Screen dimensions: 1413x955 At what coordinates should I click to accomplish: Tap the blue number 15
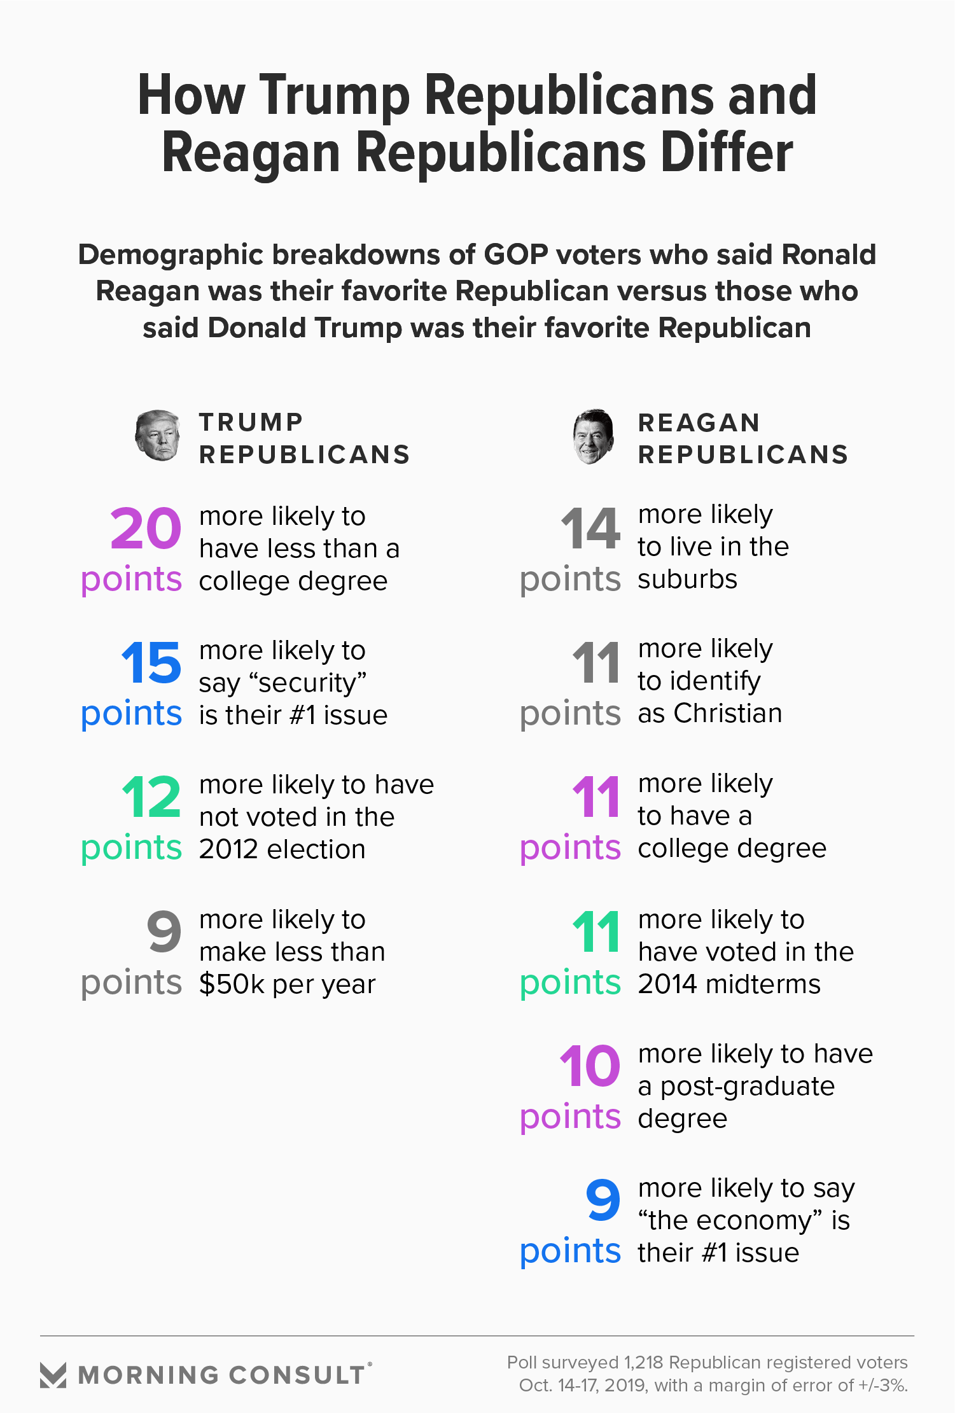click(x=151, y=663)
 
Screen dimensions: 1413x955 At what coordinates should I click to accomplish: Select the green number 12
click(x=151, y=797)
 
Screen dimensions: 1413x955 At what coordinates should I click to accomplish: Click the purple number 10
click(x=590, y=1066)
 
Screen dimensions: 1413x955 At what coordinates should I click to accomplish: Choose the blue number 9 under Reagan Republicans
click(x=603, y=1200)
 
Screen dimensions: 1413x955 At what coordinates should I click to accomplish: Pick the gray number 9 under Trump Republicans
click(x=164, y=931)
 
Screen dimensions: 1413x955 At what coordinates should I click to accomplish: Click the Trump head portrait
click(x=157, y=435)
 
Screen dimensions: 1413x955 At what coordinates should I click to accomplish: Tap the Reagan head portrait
click(x=593, y=436)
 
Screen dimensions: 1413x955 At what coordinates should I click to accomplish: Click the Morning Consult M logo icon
click(x=53, y=1375)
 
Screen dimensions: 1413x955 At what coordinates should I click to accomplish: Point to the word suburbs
click(x=688, y=580)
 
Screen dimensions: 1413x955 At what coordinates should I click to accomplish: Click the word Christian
click(x=728, y=714)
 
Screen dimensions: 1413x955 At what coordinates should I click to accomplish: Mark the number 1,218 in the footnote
click(x=643, y=1362)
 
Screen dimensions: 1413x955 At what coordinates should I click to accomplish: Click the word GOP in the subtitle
click(x=516, y=254)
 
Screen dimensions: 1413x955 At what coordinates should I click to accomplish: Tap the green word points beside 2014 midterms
click(x=570, y=983)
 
